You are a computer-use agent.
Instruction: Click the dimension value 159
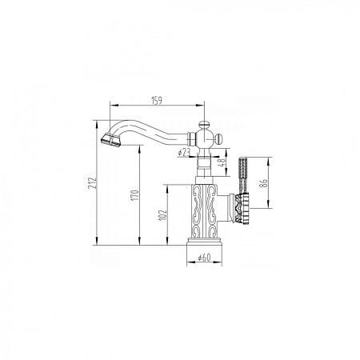click(x=157, y=101)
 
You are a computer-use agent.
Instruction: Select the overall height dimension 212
click(x=91, y=182)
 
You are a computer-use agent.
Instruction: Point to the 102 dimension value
click(x=162, y=215)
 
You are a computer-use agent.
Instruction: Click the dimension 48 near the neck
click(x=222, y=162)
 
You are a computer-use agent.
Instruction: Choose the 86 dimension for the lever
click(x=263, y=182)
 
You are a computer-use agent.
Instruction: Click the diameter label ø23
click(x=184, y=152)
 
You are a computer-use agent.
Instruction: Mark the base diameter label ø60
click(x=204, y=258)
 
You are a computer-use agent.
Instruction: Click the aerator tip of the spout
click(x=110, y=140)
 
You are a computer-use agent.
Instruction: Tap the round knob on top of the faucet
click(x=204, y=124)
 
